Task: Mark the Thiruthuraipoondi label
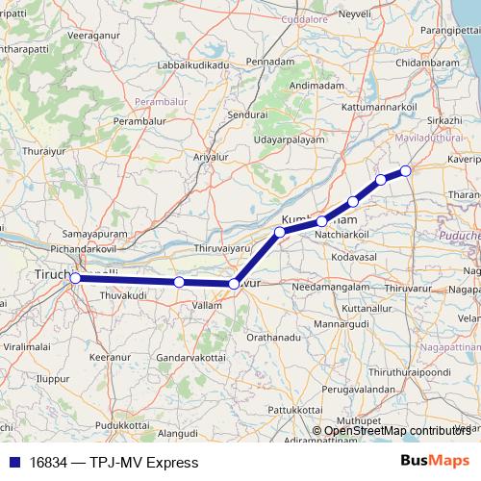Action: pyautogui.click(x=404, y=375)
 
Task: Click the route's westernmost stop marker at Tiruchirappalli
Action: pyautogui.click(x=75, y=278)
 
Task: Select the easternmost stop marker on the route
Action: pyautogui.click(x=406, y=171)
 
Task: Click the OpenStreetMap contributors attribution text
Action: pyautogui.click(x=397, y=430)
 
